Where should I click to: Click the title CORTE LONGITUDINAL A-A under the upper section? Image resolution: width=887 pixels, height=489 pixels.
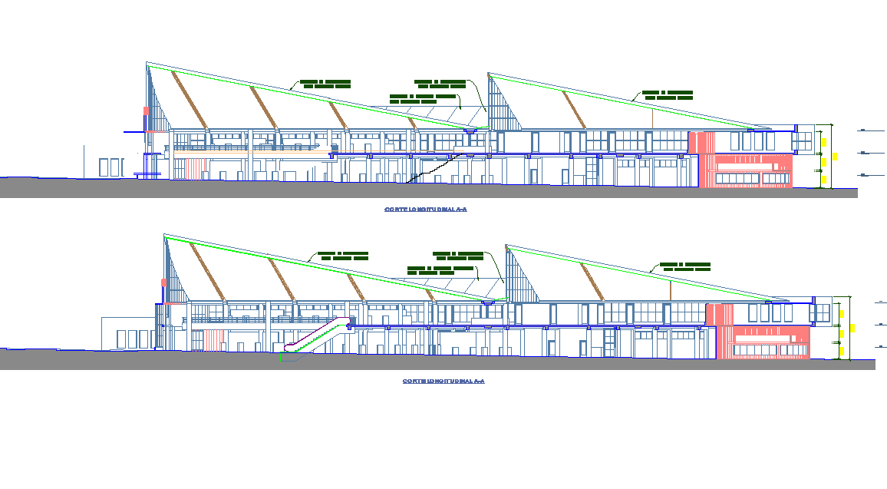[x=425, y=209]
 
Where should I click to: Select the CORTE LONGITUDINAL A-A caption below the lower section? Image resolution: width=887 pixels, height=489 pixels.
[x=443, y=381]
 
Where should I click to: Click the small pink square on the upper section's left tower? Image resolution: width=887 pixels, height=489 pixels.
[x=145, y=111]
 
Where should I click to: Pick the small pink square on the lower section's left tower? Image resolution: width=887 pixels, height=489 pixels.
[x=163, y=282]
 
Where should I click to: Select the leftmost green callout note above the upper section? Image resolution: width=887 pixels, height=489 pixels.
[x=325, y=84]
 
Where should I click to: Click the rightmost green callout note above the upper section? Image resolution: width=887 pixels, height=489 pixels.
[x=668, y=95]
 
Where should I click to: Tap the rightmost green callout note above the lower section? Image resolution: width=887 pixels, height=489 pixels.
[x=686, y=267]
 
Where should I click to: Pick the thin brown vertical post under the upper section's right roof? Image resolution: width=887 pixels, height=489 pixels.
[x=653, y=117]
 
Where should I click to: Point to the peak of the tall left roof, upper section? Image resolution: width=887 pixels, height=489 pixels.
[x=146, y=64]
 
